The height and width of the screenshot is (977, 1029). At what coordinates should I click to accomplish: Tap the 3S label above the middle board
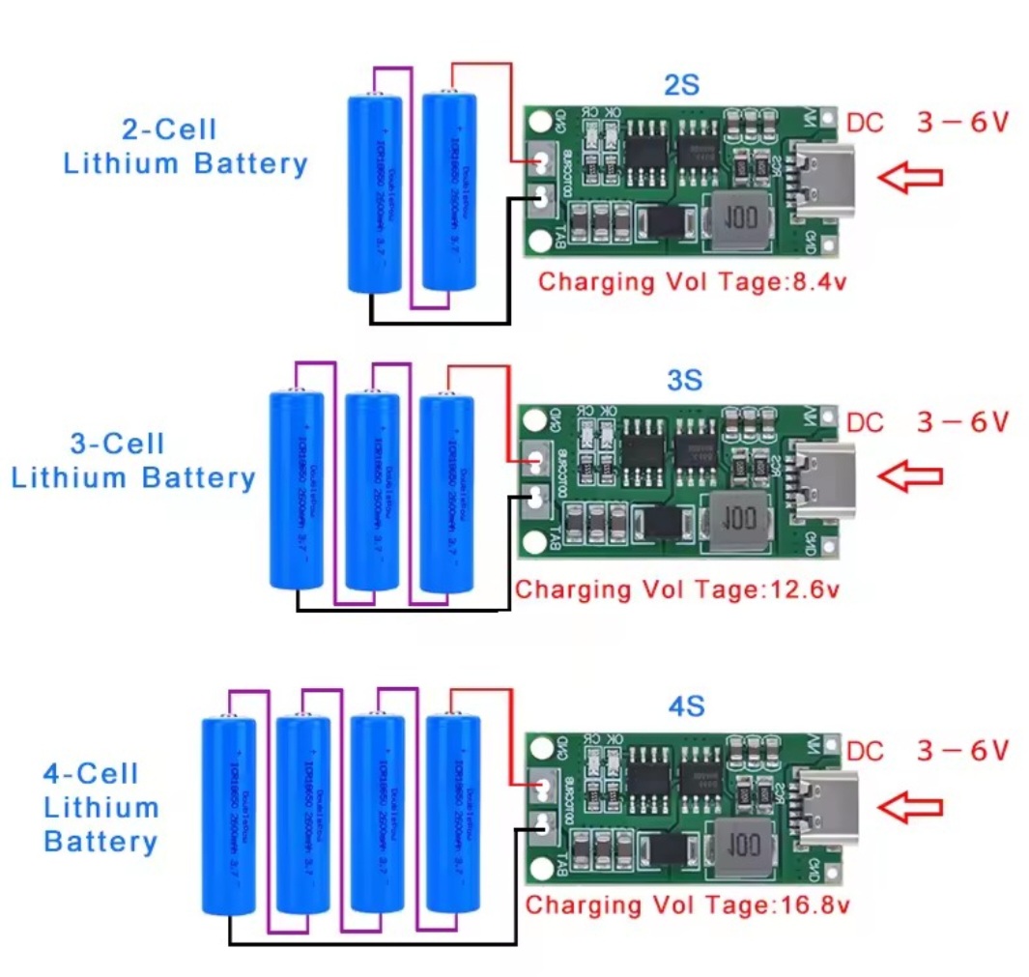[684, 380]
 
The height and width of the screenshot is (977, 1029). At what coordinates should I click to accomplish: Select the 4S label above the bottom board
[686, 706]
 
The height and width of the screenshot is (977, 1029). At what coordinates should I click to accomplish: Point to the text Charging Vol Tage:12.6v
[675, 589]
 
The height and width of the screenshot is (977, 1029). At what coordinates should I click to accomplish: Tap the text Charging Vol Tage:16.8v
[687, 905]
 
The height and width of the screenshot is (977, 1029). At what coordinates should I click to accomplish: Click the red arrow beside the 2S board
[909, 176]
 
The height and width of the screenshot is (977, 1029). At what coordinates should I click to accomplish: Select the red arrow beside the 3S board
[909, 474]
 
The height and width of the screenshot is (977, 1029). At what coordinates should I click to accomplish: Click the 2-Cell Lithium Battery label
[185, 146]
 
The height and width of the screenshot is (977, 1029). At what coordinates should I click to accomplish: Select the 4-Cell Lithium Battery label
[100, 807]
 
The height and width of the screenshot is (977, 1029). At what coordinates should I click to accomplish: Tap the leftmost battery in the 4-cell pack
[229, 816]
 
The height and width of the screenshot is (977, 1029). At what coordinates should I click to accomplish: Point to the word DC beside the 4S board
[866, 751]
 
